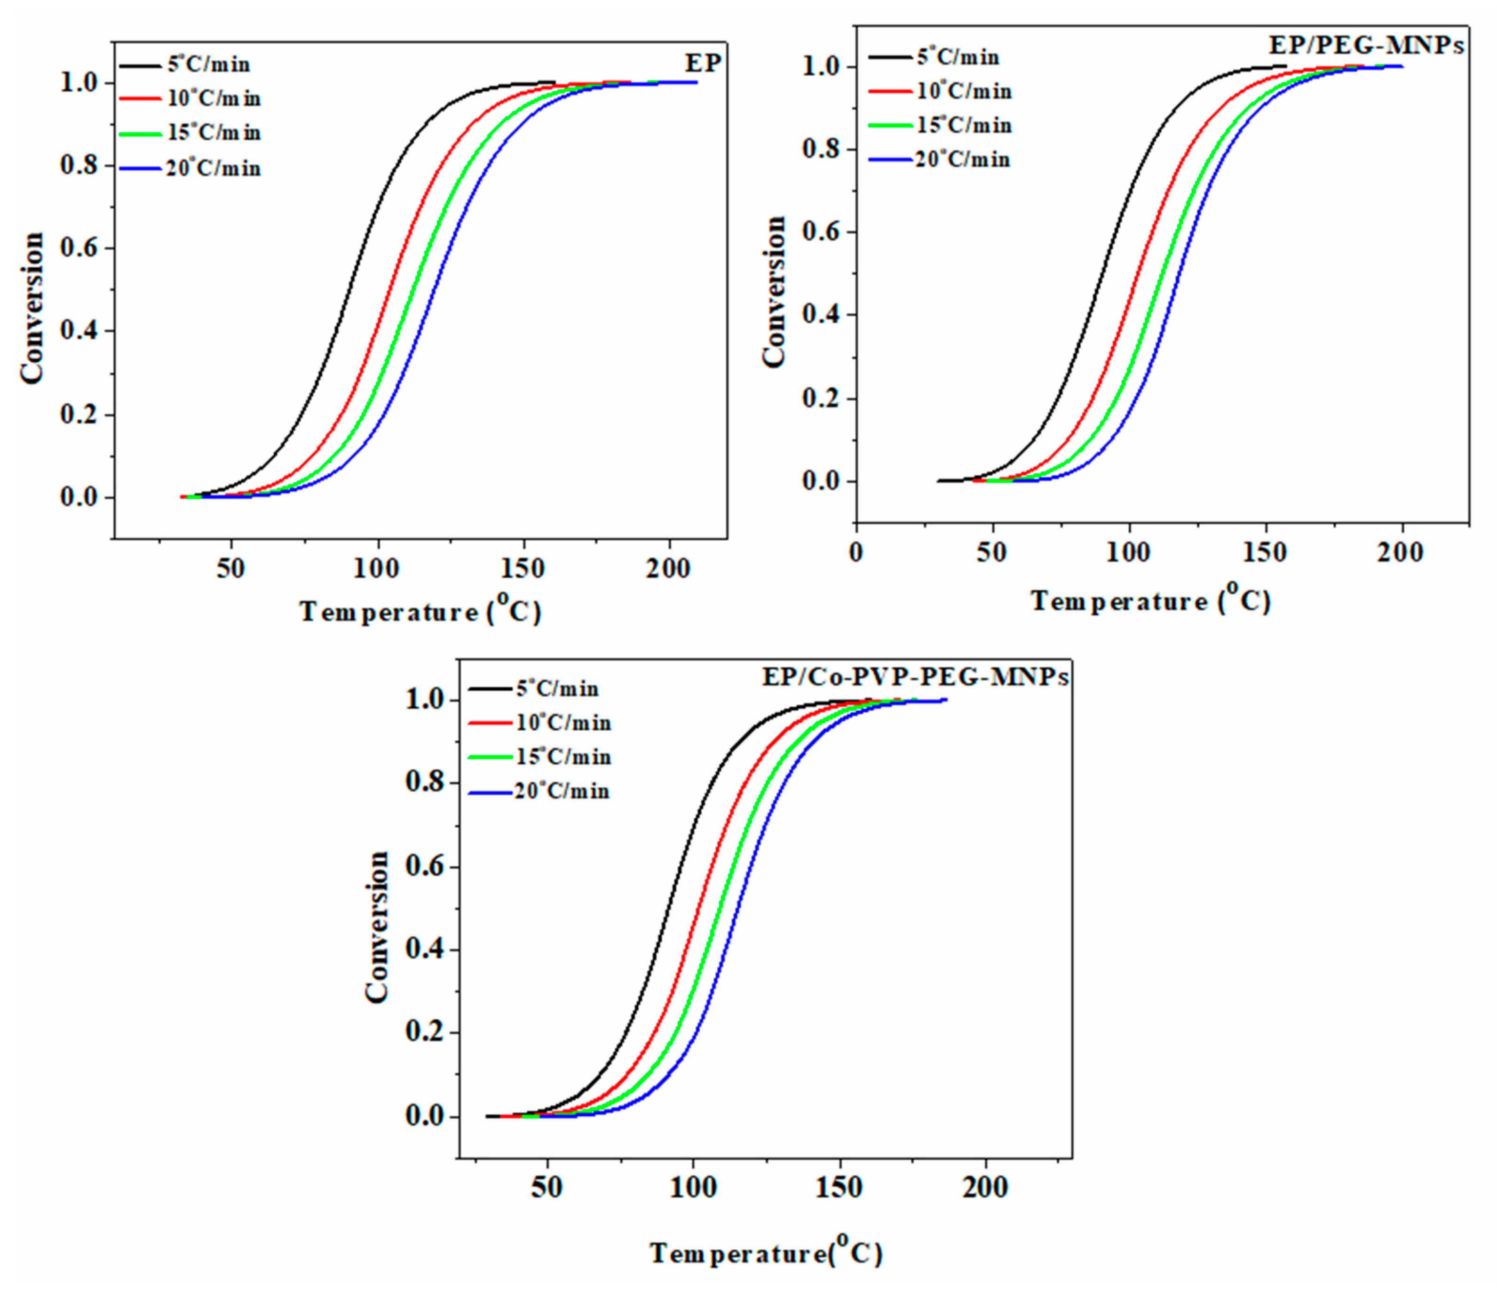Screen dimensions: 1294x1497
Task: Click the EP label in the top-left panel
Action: [x=703, y=64]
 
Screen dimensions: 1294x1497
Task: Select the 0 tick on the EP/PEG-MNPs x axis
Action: [x=856, y=553]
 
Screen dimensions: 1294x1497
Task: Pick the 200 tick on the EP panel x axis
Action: [x=668, y=569]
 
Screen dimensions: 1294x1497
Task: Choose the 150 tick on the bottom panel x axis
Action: [x=840, y=1188]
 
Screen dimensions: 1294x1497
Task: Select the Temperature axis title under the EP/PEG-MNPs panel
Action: [x=1150, y=600]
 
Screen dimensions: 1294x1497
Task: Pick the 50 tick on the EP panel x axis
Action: [x=230, y=569]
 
